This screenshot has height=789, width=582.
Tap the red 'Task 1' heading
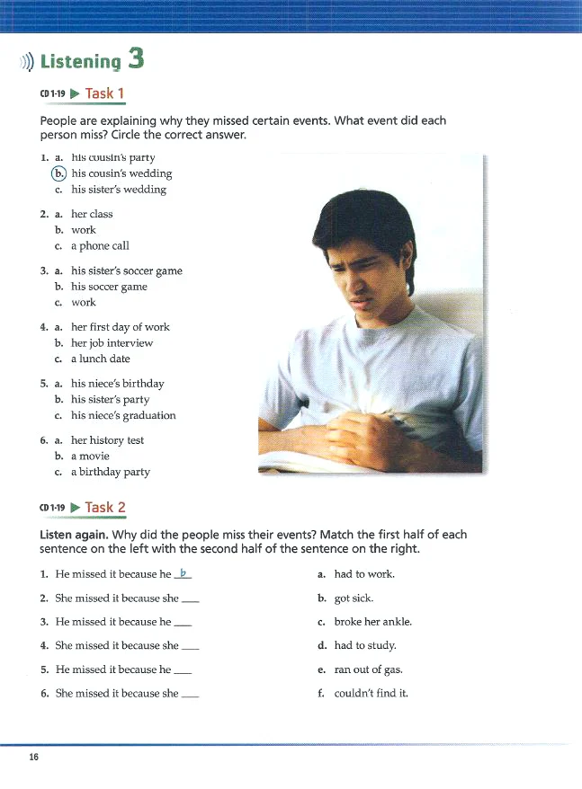(x=105, y=93)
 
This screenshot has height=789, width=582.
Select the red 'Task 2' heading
(x=105, y=507)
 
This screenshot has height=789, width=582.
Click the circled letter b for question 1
(x=58, y=173)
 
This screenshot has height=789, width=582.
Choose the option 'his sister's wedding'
(x=119, y=190)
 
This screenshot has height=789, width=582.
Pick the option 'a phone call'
(x=100, y=246)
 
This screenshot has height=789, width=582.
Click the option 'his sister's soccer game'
(x=126, y=270)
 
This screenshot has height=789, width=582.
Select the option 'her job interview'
(x=112, y=343)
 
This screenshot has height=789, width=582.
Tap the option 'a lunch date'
(x=101, y=359)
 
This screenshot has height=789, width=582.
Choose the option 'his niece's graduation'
(x=123, y=415)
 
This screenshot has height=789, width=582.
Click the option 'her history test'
(x=107, y=440)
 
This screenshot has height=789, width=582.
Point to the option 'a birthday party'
(x=111, y=472)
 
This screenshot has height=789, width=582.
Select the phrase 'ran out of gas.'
(x=368, y=669)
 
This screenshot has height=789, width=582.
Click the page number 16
(x=33, y=758)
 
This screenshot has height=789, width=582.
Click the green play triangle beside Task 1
(x=75, y=93)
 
